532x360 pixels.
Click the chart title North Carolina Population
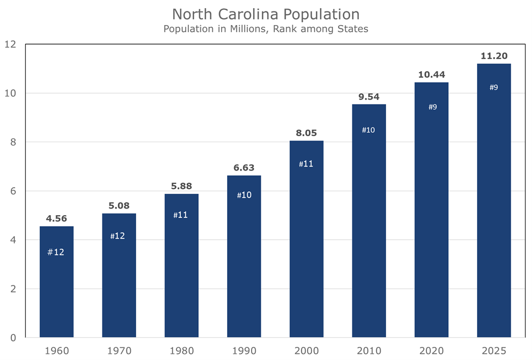266,14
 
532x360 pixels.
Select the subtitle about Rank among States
266,29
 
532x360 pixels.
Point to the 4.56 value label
57,218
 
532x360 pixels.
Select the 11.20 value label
493,56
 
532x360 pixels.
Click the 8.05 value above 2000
306,133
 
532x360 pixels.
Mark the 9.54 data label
369,96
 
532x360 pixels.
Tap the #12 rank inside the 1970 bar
119,236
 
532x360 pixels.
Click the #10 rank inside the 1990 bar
244,194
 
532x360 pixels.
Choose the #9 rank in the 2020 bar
432,107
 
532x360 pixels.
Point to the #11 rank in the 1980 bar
181,215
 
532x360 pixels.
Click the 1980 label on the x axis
181,350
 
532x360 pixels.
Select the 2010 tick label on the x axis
369,350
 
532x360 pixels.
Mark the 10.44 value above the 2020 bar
431,74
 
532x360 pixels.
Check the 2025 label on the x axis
493,350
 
